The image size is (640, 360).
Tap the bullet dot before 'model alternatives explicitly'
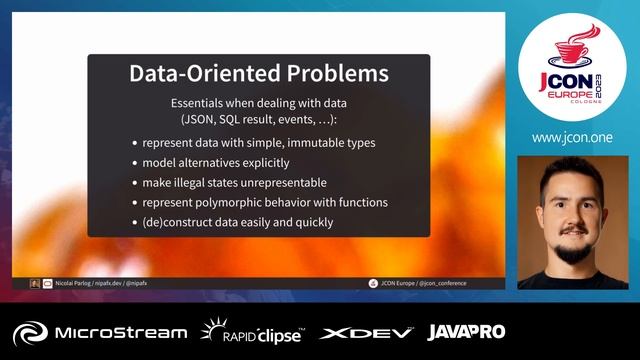(135, 163)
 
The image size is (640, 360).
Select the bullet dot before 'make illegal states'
(135, 183)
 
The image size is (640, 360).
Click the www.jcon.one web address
(573, 137)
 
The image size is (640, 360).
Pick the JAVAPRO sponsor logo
(466, 331)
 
